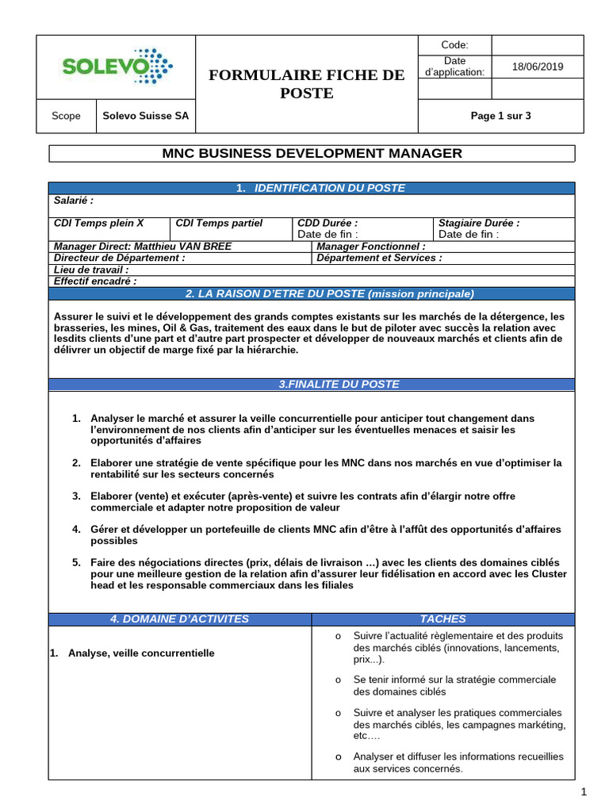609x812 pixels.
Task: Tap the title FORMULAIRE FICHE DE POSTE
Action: click(x=306, y=84)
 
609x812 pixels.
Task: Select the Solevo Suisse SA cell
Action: click(x=146, y=116)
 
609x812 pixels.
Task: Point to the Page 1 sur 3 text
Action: click(x=500, y=116)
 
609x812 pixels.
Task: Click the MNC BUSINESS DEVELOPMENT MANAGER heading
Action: click(x=312, y=153)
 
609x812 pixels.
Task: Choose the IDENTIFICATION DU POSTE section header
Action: click(x=320, y=188)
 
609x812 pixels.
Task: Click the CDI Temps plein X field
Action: click(x=99, y=224)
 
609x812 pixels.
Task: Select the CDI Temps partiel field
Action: click(x=219, y=224)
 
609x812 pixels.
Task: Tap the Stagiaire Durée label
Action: click(x=479, y=224)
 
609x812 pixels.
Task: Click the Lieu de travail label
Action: click(x=91, y=270)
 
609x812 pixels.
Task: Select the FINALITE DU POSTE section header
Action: click(x=339, y=384)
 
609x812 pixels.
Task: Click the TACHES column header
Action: click(x=443, y=619)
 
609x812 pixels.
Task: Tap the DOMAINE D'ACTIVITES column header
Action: click(x=179, y=619)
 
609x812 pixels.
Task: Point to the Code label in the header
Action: click(x=454, y=45)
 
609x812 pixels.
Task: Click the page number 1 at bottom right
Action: click(x=583, y=791)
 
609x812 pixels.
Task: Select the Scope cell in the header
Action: click(x=66, y=116)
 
